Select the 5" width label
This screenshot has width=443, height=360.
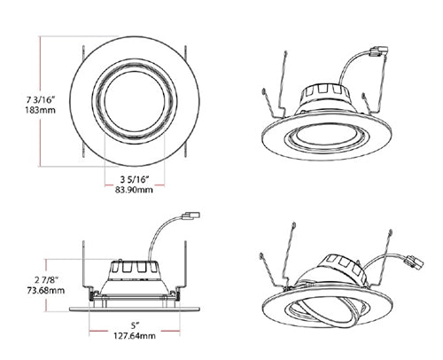tap(134, 325)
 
